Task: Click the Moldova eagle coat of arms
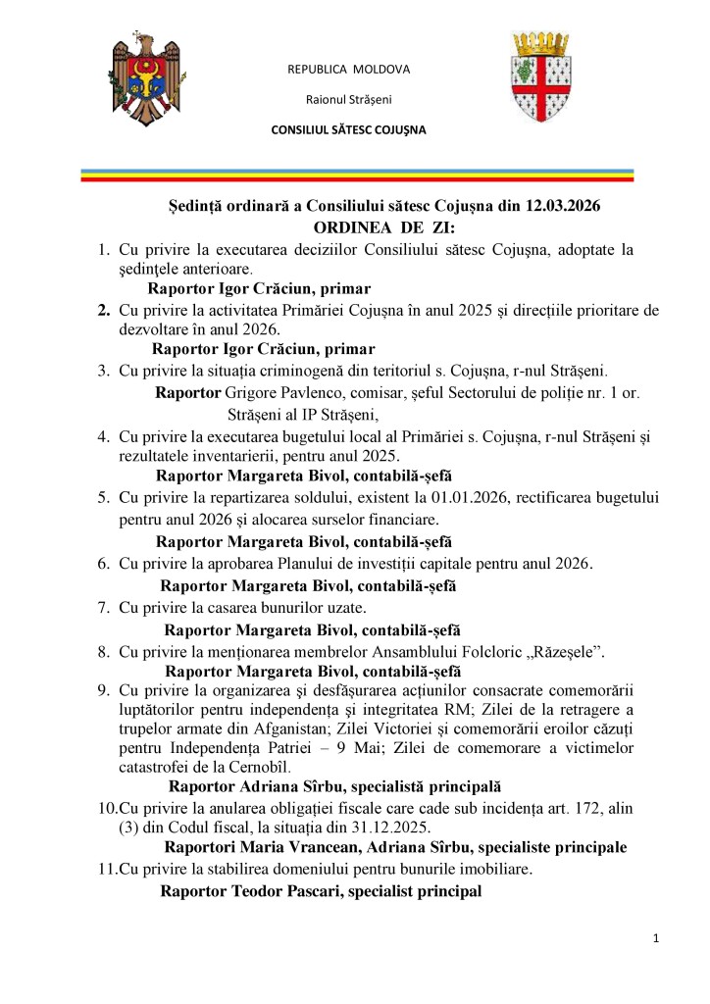[145, 81]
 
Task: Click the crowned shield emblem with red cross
[539, 76]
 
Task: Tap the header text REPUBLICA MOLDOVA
[348, 69]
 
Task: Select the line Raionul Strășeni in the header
[348, 99]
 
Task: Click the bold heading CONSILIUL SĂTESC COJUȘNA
[348, 129]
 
